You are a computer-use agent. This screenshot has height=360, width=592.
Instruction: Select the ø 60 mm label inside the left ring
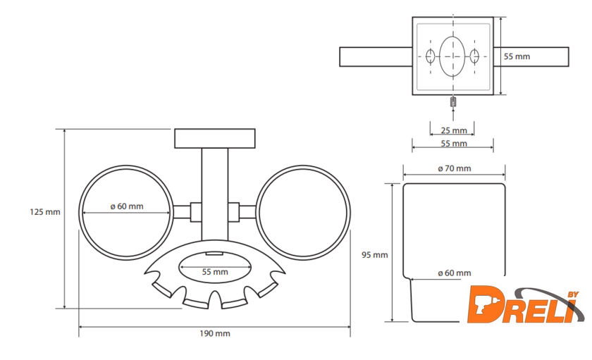[127, 206]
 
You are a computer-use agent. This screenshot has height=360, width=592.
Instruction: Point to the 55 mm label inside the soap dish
[215, 271]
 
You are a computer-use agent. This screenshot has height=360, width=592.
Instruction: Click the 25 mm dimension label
[454, 130]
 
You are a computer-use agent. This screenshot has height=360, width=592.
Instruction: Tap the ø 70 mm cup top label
[455, 168]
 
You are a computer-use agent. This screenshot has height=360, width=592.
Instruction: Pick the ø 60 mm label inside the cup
[454, 272]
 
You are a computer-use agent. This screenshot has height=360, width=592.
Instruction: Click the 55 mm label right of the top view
[517, 56]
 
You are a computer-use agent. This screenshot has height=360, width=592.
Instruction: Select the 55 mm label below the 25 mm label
[454, 144]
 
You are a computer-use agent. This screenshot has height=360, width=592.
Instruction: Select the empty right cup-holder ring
[303, 211]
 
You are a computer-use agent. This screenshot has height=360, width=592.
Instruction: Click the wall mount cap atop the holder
[215, 138]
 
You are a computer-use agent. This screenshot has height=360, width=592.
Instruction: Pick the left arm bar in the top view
[374, 56]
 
